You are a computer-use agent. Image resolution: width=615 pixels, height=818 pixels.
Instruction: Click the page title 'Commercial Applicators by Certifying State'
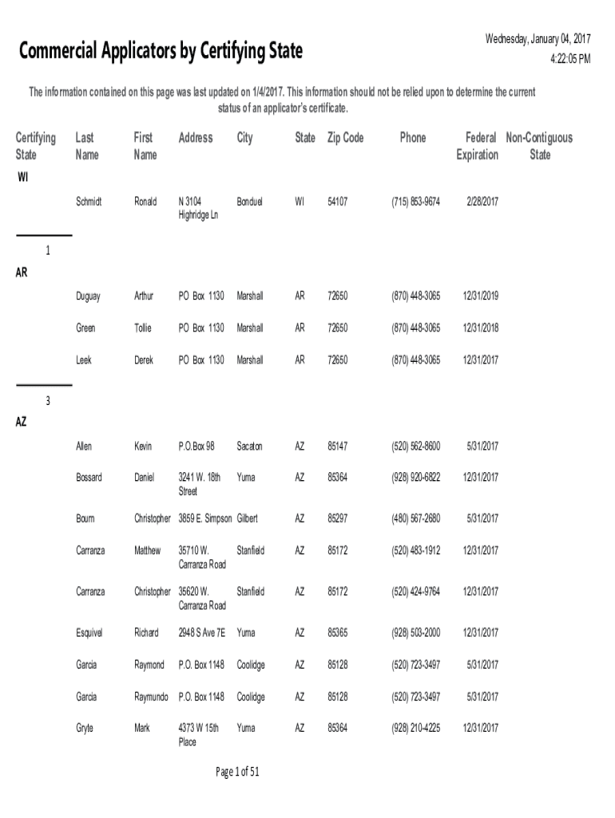(161, 52)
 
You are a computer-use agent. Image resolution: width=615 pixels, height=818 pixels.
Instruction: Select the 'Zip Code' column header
(345, 138)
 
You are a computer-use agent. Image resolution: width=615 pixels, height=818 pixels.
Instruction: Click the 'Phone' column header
(413, 138)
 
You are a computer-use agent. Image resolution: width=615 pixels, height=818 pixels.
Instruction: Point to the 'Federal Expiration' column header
(477, 146)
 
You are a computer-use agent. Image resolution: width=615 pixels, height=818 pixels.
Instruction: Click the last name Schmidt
(89, 201)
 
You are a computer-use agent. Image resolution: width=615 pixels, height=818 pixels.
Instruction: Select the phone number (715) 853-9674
(415, 201)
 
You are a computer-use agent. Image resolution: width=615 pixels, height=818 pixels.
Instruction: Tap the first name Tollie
(144, 328)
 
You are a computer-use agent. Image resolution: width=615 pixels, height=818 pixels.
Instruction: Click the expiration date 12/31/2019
(479, 296)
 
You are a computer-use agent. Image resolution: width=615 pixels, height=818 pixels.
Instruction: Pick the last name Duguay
(88, 296)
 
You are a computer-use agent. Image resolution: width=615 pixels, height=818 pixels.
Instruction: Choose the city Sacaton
(249, 446)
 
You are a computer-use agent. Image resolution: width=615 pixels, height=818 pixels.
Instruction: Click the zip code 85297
(337, 518)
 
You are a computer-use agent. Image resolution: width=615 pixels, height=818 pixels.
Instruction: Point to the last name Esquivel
(90, 633)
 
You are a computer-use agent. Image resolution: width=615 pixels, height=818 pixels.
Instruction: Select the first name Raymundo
(151, 697)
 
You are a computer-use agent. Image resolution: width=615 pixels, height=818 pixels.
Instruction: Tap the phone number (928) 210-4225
(415, 729)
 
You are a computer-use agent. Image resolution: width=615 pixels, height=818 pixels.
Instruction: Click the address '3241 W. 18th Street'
(199, 484)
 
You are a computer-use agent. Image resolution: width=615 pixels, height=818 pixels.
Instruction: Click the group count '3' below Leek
(48, 401)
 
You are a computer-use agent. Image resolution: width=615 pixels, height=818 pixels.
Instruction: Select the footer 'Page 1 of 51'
(237, 772)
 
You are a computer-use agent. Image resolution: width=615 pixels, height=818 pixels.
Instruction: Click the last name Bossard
(89, 478)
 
